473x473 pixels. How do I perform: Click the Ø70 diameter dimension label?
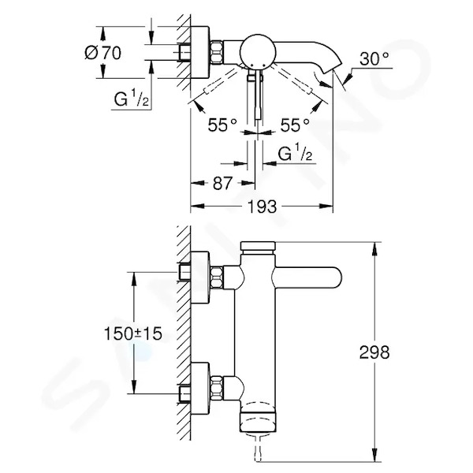[103, 53]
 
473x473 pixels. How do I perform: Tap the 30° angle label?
[374, 58]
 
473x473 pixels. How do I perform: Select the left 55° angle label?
[222, 125]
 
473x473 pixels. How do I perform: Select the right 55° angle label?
[295, 125]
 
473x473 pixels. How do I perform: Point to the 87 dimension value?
[223, 183]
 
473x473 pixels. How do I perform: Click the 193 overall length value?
[262, 207]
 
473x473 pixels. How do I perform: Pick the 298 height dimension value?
[374, 352]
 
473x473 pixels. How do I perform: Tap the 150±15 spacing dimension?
[133, 333]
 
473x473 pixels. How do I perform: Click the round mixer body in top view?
[258, 51]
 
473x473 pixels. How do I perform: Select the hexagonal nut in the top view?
[217, 53]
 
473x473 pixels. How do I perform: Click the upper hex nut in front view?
[217, 277]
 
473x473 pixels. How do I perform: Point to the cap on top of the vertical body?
[258, 246]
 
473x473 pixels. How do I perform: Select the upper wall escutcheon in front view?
[199, 277]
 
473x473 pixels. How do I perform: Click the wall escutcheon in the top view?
[199, 53]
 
